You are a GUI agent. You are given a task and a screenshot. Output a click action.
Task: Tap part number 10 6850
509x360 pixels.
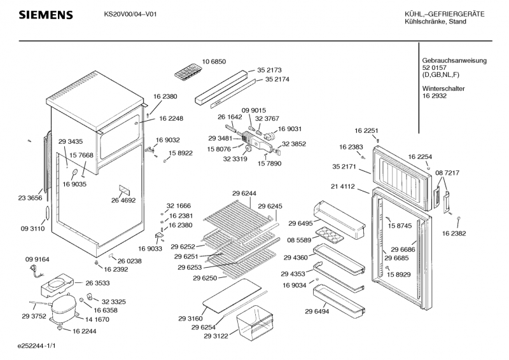click(x=214, y=61)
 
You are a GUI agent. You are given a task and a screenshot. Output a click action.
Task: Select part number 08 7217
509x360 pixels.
click(x=447, y=173)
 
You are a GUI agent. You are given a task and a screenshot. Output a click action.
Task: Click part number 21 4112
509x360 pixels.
click(x=343, y=187)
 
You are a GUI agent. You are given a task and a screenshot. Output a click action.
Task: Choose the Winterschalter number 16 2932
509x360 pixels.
click(x=435, y=96)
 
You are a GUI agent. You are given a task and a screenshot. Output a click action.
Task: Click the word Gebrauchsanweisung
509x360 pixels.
click(x=454, y=60)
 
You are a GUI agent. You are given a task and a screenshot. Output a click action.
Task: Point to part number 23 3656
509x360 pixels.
click(x=29, y=198)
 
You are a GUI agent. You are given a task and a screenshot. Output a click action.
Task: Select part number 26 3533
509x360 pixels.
click(x=97, y=282)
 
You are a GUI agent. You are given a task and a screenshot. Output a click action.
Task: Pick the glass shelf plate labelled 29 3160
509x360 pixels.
click(x=235, y=297)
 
